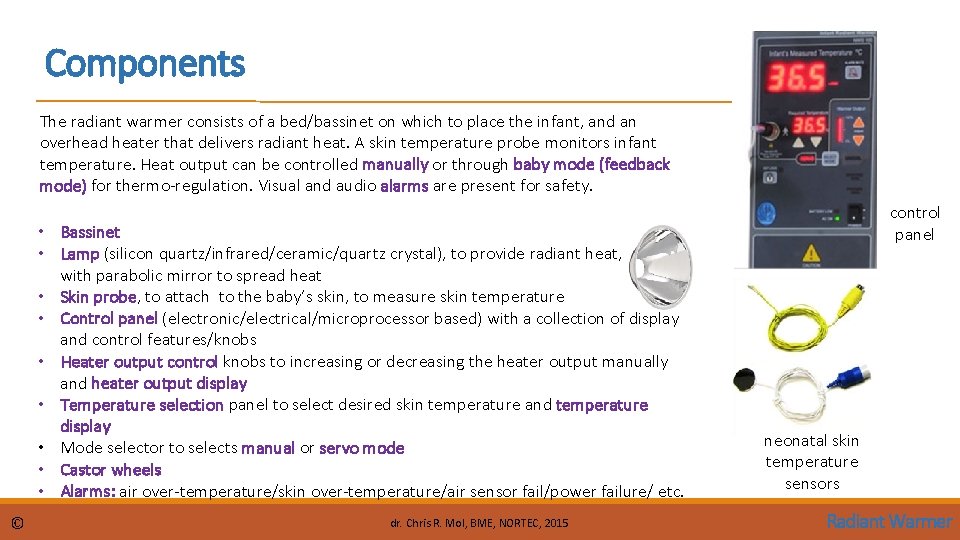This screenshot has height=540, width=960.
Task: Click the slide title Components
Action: coord(145,64)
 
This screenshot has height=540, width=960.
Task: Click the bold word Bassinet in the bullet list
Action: coord(90,232)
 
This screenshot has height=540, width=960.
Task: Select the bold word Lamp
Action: coord(80,254)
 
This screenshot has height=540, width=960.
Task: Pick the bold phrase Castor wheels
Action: coord(110,470)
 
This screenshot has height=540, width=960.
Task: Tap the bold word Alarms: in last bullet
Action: coord(88,491)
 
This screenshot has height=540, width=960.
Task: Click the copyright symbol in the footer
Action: coord(18,522)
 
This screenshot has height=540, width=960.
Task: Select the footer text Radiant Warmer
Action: coord(889,521)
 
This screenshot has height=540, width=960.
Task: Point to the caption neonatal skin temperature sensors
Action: coord(811,462)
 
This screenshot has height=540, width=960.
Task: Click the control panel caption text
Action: coord(914,223)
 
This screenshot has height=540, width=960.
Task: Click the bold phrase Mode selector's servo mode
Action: coord(362,448)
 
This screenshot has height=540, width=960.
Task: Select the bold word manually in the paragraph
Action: coord(395,164)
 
